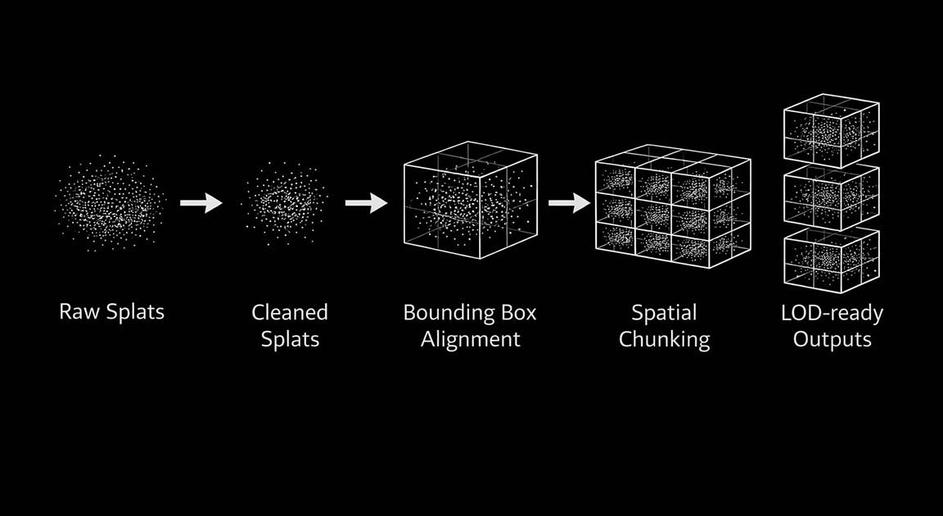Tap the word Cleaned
[290, 312]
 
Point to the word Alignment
[471, 339]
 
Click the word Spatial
[664, 314]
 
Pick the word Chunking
[664, 340]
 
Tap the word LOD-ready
[832, 314]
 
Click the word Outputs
[832, 340]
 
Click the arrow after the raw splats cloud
[201, 202]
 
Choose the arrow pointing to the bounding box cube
[366, 202]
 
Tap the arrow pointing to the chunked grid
[570, 202]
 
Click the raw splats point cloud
[110, 202]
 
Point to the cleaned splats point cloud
[287, 202]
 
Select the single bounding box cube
[471, 201]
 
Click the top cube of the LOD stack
[832, 130]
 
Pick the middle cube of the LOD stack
[832, 197]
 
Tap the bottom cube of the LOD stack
[832, 260]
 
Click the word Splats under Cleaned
[290, 340]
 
